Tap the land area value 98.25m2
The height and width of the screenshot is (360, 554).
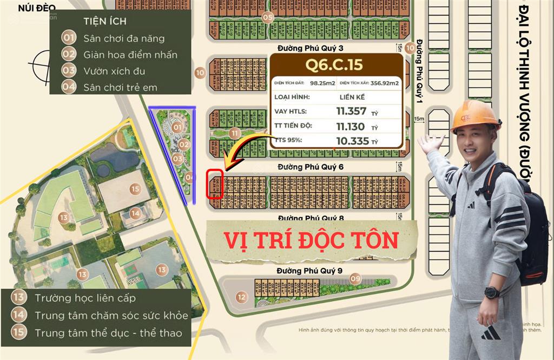pos(322,83)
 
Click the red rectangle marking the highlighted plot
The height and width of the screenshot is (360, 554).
pos(215,184)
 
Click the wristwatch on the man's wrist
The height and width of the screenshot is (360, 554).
pos(492,293)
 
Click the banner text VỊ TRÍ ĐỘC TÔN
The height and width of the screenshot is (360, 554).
pos(311,240)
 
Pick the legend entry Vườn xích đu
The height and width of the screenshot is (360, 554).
pos(114,71)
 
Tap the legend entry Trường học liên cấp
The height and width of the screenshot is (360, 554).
pos(85,298)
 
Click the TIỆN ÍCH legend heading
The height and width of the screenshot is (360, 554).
pos(105,22)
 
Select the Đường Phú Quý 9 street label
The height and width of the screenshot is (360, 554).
pos(309,270)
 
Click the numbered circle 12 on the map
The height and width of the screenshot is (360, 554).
pos(241,296)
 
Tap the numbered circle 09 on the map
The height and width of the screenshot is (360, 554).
pos(355,279)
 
